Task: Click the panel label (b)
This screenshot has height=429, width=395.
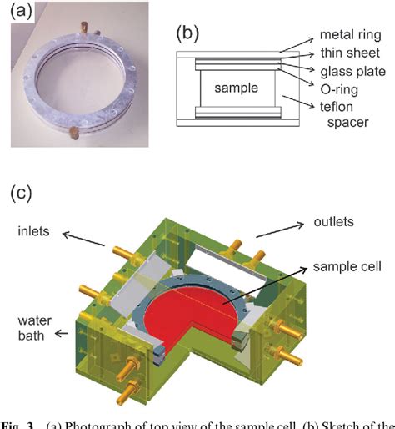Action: (185, 34)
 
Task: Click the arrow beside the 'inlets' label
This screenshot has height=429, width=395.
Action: (86, 238)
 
